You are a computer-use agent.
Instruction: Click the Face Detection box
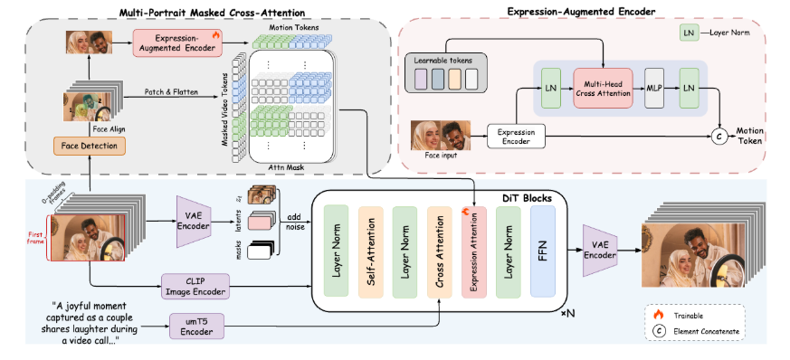[89, 145]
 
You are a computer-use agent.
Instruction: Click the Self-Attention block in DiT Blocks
[372, 251]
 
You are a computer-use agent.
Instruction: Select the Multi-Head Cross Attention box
[604, 94]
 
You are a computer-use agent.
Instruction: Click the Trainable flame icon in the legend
[658, 315]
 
